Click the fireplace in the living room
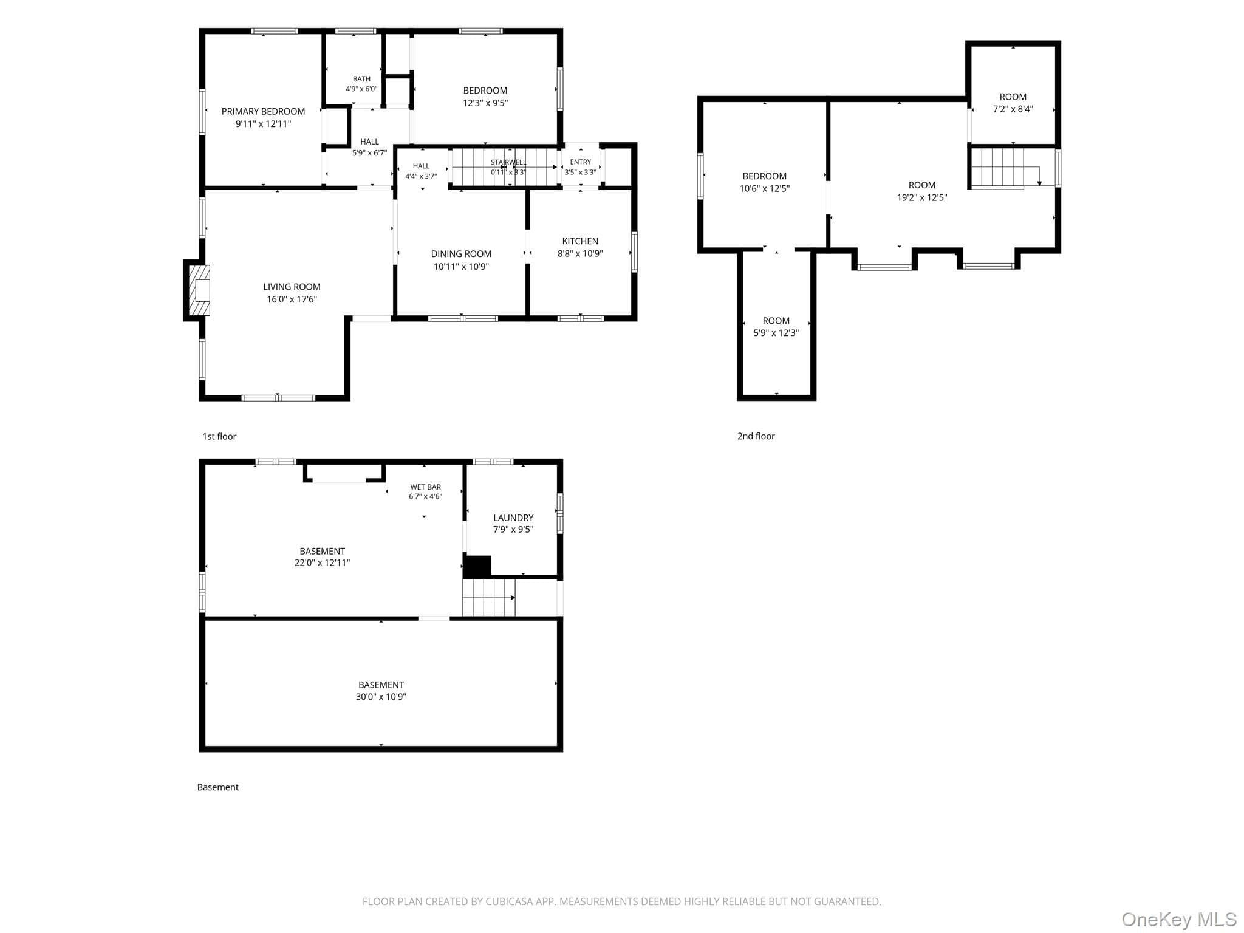click(199, 290)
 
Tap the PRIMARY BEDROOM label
click(263, 111)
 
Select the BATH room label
click(361, 79)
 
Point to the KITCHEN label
click(580, 241)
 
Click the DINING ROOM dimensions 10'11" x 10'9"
click(461, 266)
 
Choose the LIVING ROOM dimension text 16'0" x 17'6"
click(292, 299)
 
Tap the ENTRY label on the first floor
click(581, 162)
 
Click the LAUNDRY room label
click(513, 518)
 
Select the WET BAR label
click(425, 487)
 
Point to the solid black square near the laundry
click(477, 567)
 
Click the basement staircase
click(489, 598)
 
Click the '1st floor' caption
click(219, 436)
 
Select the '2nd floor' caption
click(756, 436)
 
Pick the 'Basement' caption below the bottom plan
click(217, 787)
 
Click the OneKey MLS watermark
click(1179, 920)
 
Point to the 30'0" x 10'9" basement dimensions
click(381, 697)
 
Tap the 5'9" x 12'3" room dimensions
click(776, 333)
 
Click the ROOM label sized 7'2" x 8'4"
click(1013, 97)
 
